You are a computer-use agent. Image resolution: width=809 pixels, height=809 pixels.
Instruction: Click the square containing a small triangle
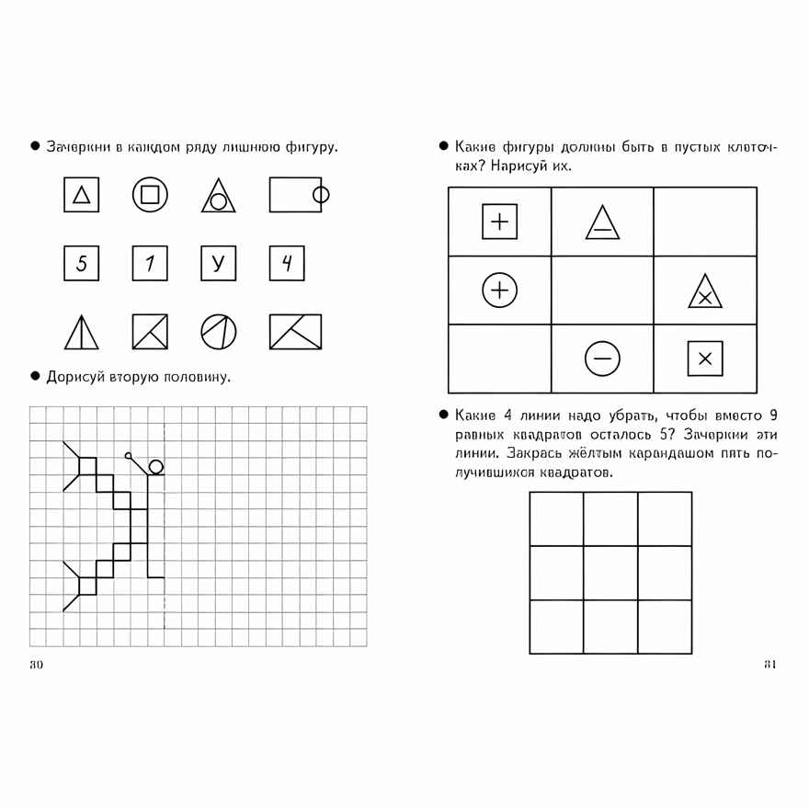tap(81, 195)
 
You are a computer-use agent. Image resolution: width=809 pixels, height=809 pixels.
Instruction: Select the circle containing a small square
tap(150, 195)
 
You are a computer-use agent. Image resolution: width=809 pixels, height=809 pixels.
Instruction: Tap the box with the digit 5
tap(81, 264)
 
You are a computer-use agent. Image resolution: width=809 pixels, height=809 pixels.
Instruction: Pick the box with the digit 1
tap(150, 264)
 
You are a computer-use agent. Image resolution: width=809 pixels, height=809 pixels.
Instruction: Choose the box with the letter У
tap(218, 264)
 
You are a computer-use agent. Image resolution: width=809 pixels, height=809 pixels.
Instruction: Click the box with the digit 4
tap(287, 264)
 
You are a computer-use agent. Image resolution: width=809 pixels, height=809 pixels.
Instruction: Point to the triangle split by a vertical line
tap(81, 333)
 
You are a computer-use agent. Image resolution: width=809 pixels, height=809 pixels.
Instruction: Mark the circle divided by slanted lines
tap(218, 332)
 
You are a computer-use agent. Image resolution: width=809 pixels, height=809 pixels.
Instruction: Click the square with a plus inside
tap(500, 222)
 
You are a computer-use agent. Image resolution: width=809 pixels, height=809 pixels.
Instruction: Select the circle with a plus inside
tap(500, 291)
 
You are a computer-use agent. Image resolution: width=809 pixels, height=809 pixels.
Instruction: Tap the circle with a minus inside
tap(602, 359)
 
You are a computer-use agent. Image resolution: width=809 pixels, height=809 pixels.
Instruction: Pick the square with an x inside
tap(705, 359)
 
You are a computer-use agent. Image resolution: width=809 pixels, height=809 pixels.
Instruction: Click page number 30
tap(37, 665)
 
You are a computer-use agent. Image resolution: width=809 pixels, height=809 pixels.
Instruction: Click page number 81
tap(770, 665)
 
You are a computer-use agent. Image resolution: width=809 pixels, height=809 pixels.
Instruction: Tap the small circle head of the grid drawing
tap(156, 466)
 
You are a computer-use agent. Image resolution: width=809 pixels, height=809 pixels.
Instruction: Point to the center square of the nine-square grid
tap(610, 573)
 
